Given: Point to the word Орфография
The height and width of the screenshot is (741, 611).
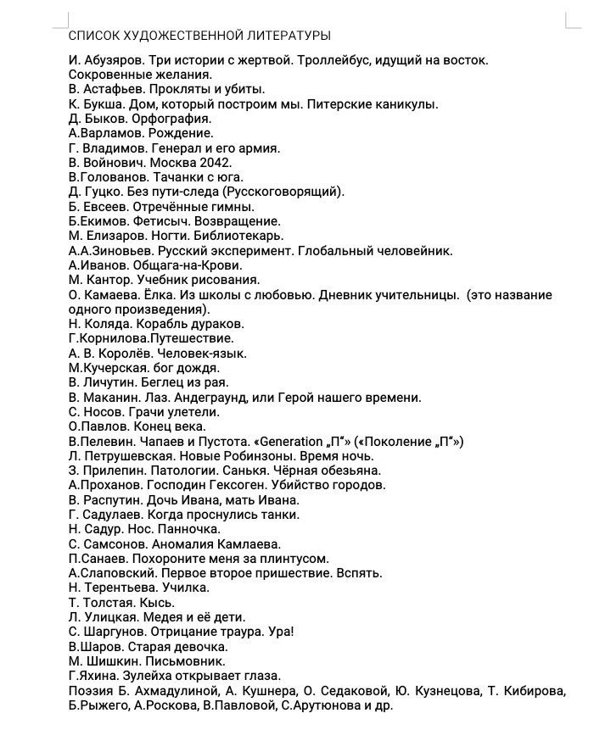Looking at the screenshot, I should tap(171, 119).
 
